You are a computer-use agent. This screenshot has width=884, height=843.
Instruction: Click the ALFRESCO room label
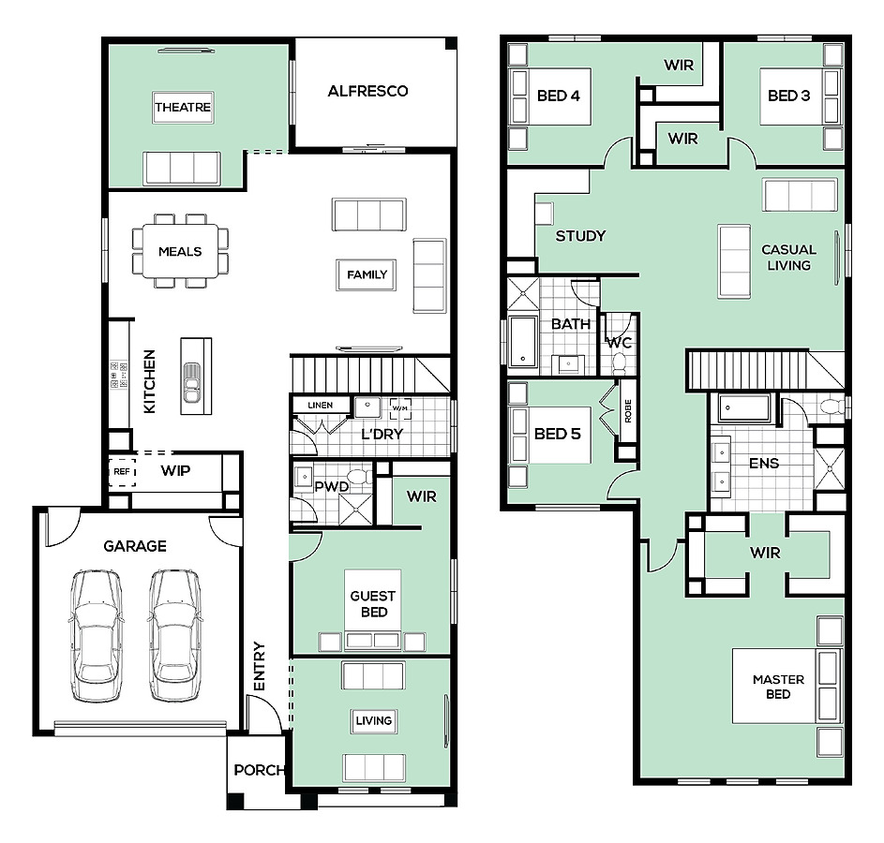(x=367, y=91)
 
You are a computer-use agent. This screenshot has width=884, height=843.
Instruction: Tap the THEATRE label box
(x=183, y=107)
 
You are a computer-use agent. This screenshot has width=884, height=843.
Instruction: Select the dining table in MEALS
(x=180, y=251)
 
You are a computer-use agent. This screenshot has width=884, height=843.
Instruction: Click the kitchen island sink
(x=192, y=383)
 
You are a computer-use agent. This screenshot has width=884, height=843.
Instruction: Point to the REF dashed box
(x=123, y=471)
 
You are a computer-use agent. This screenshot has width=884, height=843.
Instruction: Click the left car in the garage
(x=96, y=636)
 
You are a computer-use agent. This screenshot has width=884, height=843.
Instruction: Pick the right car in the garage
(x=174, y=636)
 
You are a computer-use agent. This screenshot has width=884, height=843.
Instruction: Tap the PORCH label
(x=260, y=770)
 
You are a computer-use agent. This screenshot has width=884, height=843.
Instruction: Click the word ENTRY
(x=259, y=666)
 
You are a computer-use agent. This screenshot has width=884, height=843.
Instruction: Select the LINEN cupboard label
(x=321, y=405)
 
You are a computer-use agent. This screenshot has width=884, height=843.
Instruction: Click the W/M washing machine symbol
(x=400, y=408)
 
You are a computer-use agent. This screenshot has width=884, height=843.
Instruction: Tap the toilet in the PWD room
(x=359, y=477)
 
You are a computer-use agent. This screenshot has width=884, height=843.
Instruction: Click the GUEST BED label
(x=373, y=603)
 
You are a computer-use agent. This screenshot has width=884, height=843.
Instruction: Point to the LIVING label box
(x=374, y=721)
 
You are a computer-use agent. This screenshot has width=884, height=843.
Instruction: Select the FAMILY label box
(x=367, y=274)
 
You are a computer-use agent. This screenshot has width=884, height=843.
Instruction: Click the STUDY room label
(x=580, y=236)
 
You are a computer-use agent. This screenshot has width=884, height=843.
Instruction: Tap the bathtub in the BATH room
(x=523, y=342)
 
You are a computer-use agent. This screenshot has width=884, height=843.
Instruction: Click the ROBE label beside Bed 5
(x=628, y=410)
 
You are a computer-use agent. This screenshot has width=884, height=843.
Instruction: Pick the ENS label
(x=764, y=464)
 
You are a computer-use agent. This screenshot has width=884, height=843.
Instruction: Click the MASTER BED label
(x=779, y=687)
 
